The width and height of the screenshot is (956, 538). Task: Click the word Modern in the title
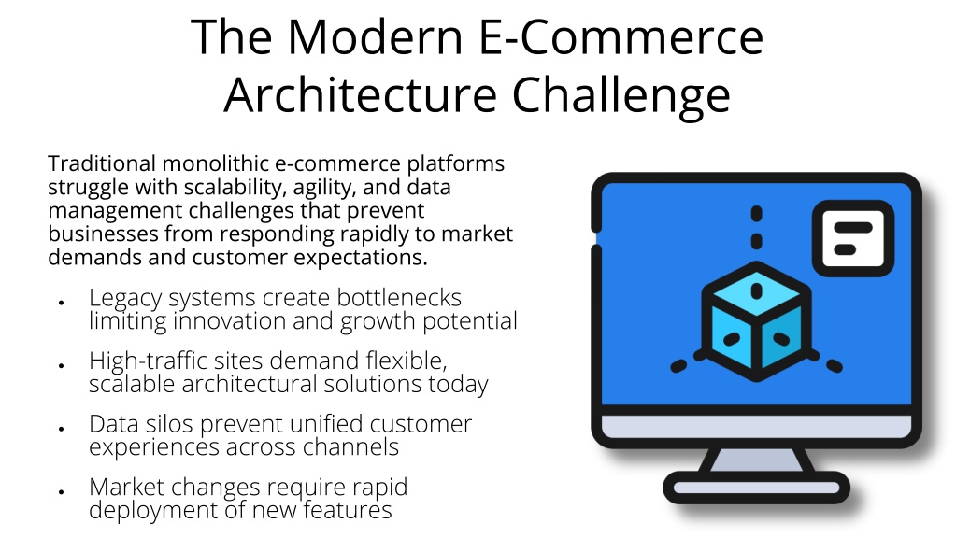point(375,37)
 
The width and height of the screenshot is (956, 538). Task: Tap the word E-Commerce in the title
point(621,37)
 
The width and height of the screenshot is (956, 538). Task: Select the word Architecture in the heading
point(361,95)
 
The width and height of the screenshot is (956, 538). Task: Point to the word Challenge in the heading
point(621,96)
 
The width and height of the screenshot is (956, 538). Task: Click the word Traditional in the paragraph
point(102,163)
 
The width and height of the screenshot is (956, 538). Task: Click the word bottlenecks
point(399,298)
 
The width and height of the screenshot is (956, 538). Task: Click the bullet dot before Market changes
point(62,491)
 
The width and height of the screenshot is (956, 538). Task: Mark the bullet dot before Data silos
point(62,429)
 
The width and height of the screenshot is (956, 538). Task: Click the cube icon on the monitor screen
point(756,321)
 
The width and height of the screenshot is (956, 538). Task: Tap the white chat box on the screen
point(853,238)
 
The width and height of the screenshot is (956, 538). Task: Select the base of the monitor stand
point(756,488)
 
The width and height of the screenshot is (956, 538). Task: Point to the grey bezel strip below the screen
point(756,426)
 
